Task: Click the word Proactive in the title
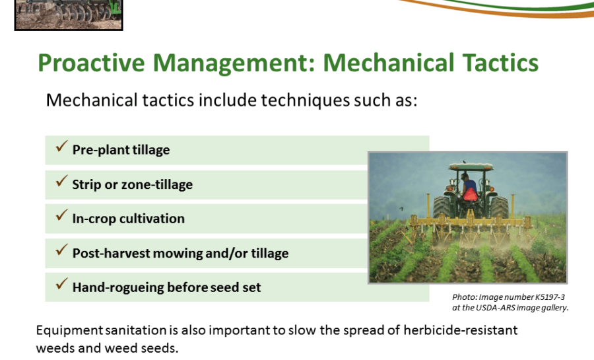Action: pyautogui.click(x=91, y=63)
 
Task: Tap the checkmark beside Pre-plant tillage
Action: pyautogui.click(x=61, y=146)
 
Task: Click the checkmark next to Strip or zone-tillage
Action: pyautogui.click(x=61, y=181)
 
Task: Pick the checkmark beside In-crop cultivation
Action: pyautogui.click(x=61, y=215)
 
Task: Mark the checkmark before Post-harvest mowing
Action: pyautogui.click(x=61, y=250)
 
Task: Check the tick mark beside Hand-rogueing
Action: pyautogui.click(x=61, y=284)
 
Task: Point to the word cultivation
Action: pyautogui.click(x=152, y=219)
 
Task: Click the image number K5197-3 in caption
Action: pyautogui.click(x=550, y=297)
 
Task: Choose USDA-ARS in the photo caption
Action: pyautogui.click(x=495, y=308)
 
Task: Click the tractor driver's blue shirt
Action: pyautogui.click(x=469, y=184)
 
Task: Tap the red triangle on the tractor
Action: pyautogui.click(x=470, y=194)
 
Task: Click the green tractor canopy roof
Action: pyautogui.click(x=471, y=166)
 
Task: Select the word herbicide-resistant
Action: pyautogui.click(x=460, y=330)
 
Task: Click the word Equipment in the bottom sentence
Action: pyautogui.click(x=69, y=331)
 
